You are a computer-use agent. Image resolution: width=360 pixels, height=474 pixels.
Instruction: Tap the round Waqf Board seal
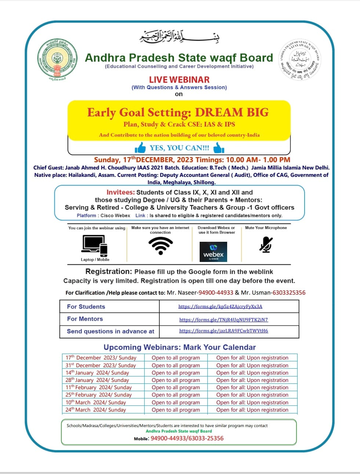coord(299,60)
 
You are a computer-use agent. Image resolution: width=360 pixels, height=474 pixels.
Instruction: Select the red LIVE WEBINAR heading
coord(179,80)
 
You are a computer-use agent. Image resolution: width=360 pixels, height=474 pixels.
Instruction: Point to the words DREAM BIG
coord(232,112)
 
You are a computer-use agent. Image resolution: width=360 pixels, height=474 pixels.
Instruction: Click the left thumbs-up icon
coord(140,148)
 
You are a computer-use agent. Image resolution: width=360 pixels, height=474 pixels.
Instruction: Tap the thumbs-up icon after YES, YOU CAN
coord(219,148)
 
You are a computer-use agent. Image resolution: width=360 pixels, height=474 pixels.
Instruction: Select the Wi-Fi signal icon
coord(161,245)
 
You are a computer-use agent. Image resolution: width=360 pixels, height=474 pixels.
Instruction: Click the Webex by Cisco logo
coord(213,252)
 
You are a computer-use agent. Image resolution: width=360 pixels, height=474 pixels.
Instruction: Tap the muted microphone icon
coord(266,244)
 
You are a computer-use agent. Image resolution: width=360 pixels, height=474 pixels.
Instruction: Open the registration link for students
coord(220,307)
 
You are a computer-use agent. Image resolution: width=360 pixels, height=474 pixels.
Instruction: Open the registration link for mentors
coord(223,320)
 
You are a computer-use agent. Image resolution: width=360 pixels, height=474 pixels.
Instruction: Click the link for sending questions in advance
coord(223,331)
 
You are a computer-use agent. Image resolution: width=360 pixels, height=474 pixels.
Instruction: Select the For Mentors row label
coord(85,319)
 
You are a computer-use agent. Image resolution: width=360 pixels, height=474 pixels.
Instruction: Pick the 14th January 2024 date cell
coord(97,373)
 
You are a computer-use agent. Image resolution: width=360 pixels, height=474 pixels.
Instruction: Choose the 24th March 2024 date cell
coord(96,410)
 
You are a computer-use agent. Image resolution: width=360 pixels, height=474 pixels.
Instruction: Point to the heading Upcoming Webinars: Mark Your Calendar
coord(179,347)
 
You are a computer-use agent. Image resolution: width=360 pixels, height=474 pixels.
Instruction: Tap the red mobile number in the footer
coord(187,438)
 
